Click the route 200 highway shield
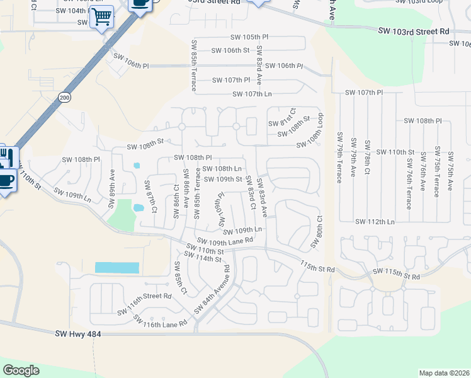click(x=64, y=97)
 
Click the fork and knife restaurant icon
click(x=8, y=155)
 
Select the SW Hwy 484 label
click(x=78, y=334)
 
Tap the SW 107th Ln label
click(x=252, y=94)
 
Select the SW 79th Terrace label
click(x=339, y=157)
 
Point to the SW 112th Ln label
click(x=375, y=222)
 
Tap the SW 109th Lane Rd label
click(x=225, y=240)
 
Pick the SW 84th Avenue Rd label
click(x=212, y=293)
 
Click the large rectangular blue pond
click(x=117, y=267)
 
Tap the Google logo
click(x=21, y=370)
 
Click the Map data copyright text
click(x=443, y=373)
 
